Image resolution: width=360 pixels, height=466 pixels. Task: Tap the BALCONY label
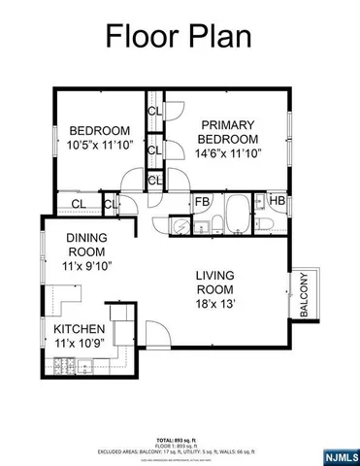(304, 295)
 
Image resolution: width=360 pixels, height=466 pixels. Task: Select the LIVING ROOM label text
(214, 282)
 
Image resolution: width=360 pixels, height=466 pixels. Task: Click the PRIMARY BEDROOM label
(228, 131)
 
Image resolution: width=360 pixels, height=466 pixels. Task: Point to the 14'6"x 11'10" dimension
(228, 152)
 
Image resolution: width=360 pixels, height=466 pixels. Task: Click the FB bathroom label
(203, 202)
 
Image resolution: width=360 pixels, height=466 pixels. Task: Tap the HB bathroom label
(277, 202)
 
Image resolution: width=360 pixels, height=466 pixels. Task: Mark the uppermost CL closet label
(155, 111)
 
